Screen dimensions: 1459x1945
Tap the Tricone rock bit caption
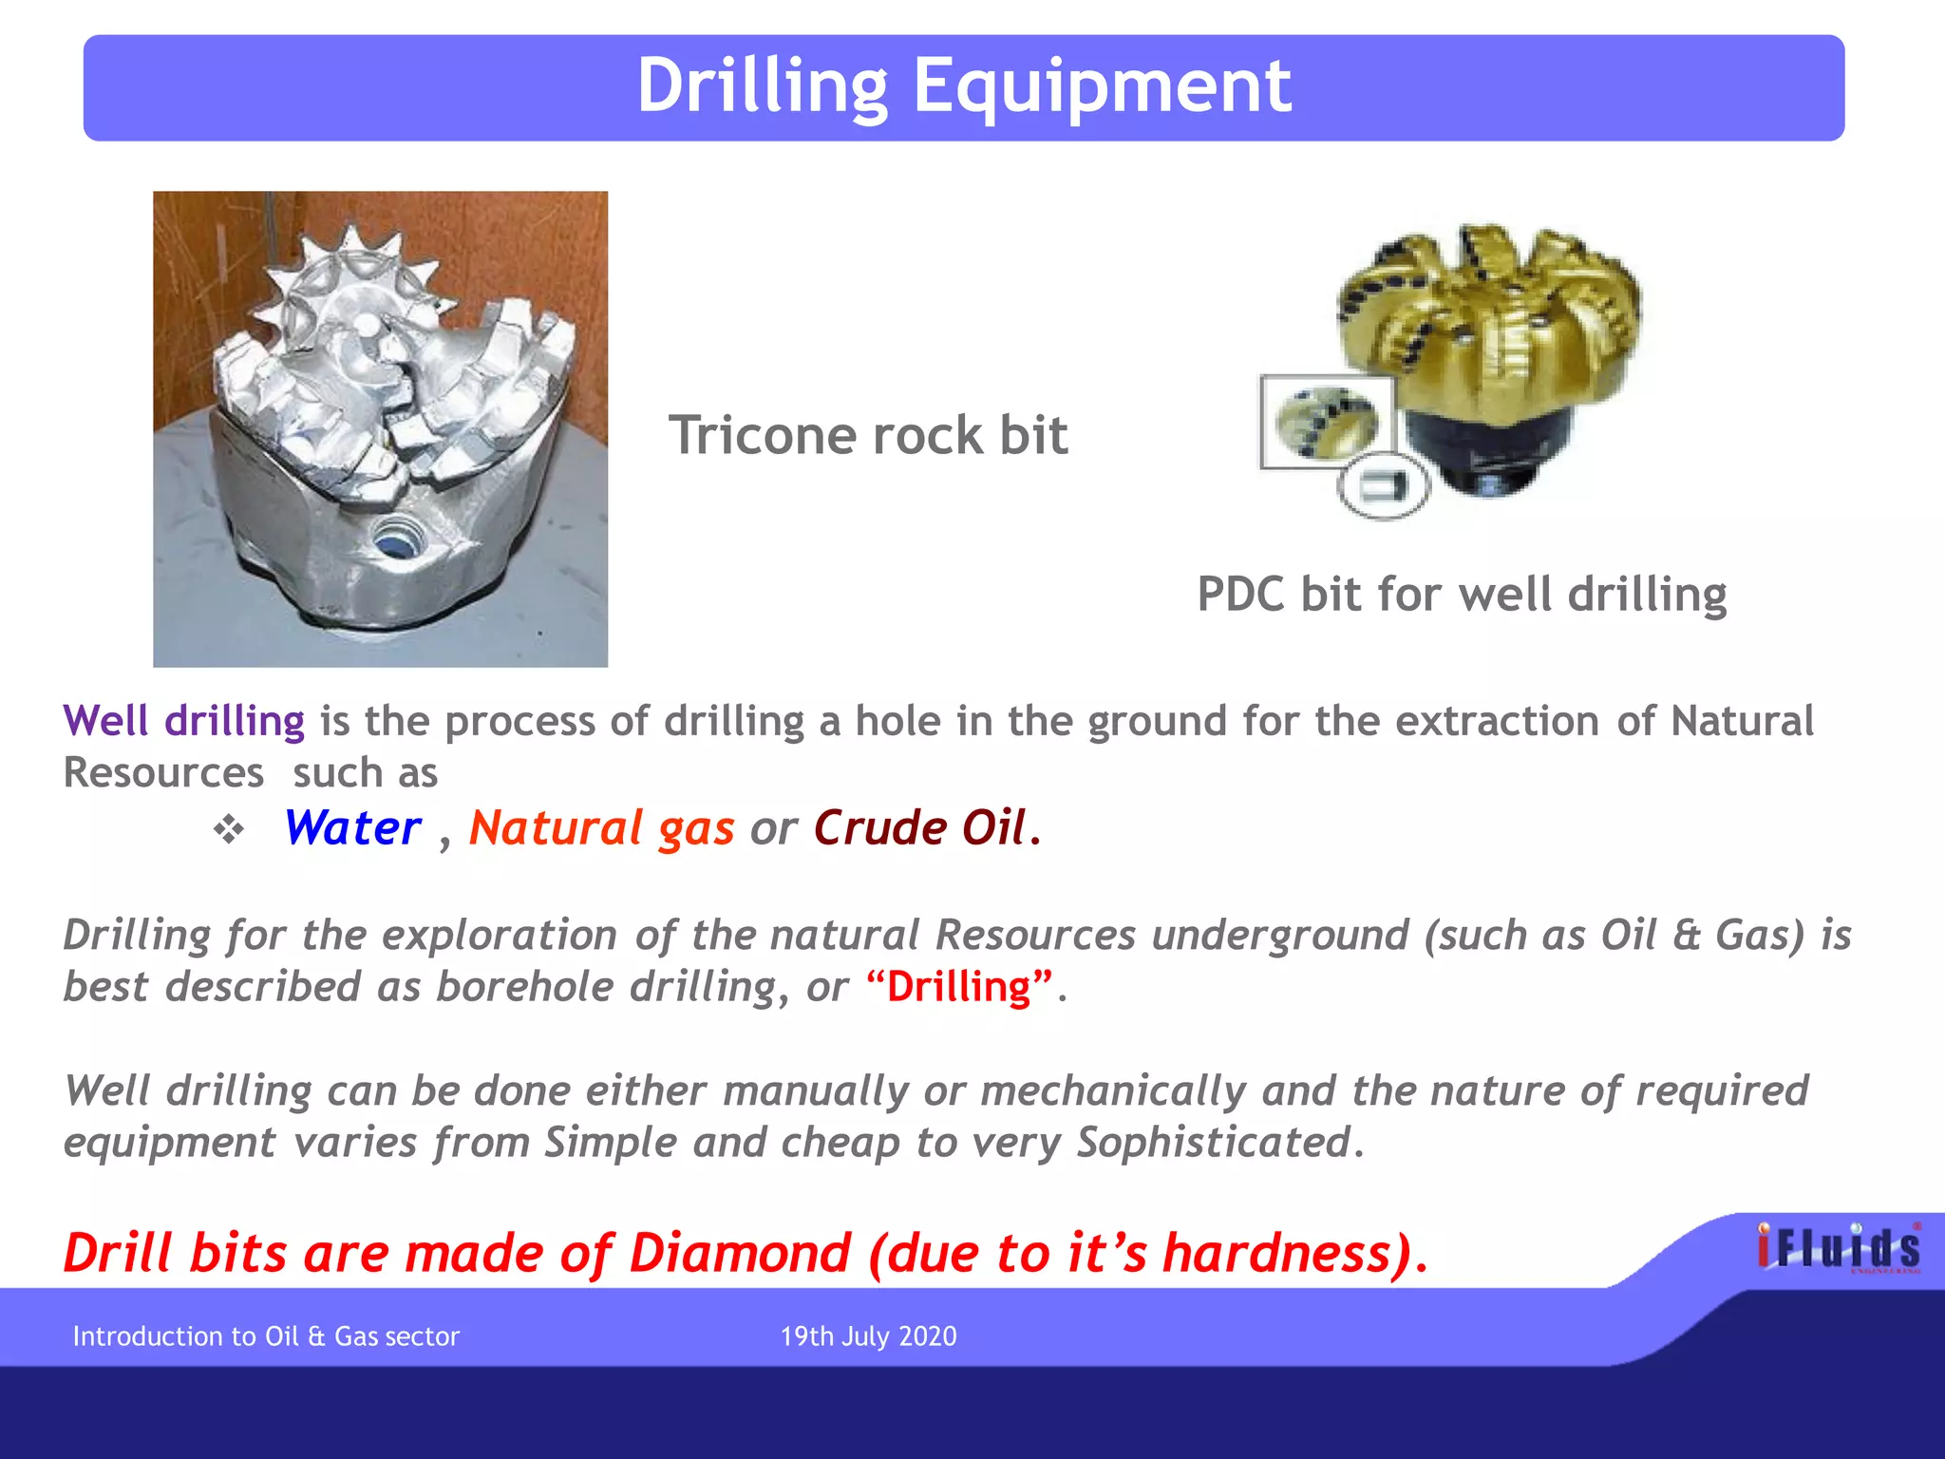[x=868, y=436]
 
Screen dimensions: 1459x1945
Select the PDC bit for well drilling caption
[x=1462, y=596]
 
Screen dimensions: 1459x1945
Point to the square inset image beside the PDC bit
[x=1327, y=422]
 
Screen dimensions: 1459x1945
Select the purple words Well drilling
[x=183, y=721]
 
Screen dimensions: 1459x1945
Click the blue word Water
[x=352, y=828]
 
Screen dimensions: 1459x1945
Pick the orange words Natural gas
[x=601, y=828]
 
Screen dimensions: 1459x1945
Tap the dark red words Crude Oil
[x=920, y=828]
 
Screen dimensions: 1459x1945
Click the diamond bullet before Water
[x=228, y=830]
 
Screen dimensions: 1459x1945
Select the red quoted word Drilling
[x=959, y=988]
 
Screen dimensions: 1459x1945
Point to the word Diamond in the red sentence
[x=740, y=1254]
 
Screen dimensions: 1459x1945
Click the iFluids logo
[x=1838, y=1247]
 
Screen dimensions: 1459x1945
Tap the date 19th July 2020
[x=868, y=1336]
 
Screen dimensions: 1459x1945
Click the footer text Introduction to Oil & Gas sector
[x=266, y=1336]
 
